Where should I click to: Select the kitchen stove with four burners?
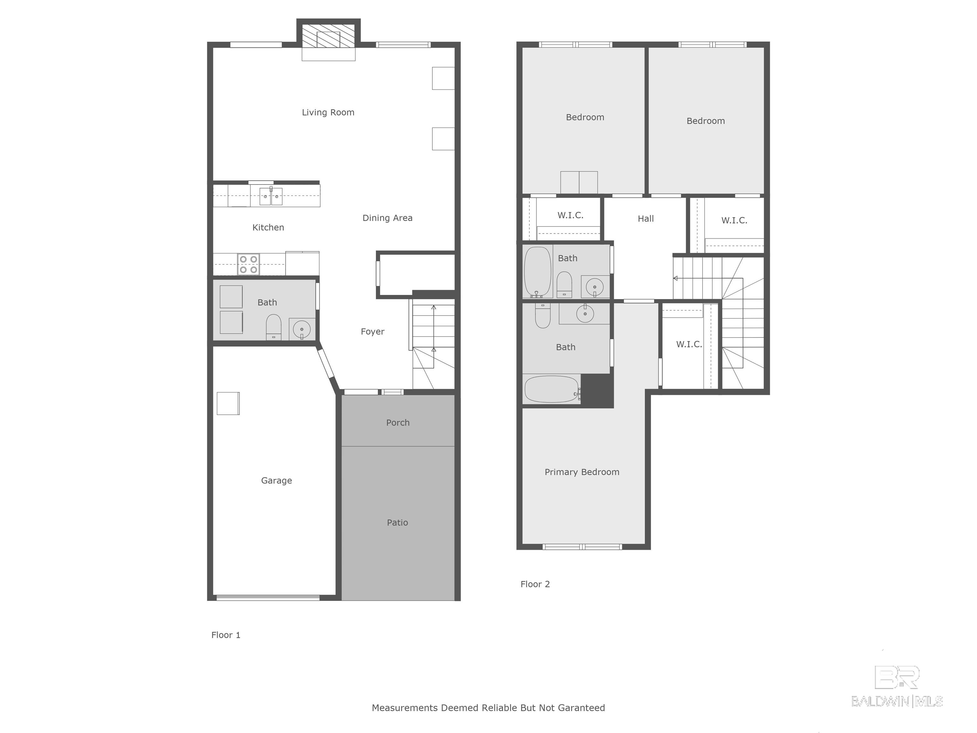coord(248,264)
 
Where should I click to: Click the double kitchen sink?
coord(271,196)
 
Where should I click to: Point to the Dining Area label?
coord(387,218)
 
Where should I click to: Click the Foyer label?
coord(372,332)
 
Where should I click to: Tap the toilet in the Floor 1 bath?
coord(274,327)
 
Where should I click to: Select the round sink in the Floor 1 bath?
coord(302,329)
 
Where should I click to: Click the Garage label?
coord(276,480)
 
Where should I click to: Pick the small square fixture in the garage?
coord(228,403)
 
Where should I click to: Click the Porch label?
coord(398,423)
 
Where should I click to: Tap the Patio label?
coord(398,523)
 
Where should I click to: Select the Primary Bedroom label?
coord(582,472)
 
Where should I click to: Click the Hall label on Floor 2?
coord(646,219)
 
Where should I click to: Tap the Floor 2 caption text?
coord(535,584)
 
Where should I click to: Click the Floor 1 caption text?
coord(226,635)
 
